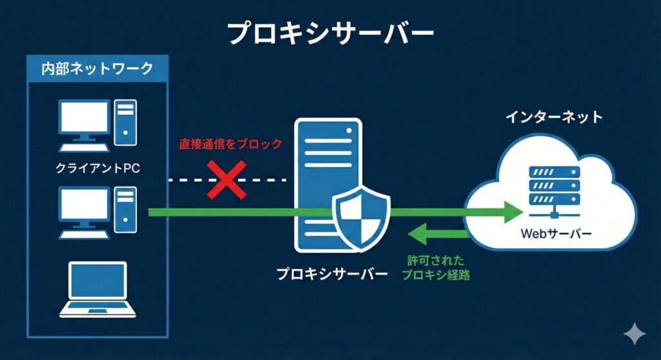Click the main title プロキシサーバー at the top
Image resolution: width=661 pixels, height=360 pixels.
tap(330, 34)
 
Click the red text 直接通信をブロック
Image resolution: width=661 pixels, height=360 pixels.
tap(230, 144)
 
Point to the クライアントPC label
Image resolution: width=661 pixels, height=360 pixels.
tap(97, 168)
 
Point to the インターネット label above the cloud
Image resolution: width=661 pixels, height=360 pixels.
tap(554, 117)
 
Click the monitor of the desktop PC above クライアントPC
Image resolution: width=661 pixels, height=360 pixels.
tap(83, 118)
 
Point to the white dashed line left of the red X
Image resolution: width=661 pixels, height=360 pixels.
tap(187, 180)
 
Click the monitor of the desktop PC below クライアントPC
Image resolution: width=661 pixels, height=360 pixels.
tap(83, 205)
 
